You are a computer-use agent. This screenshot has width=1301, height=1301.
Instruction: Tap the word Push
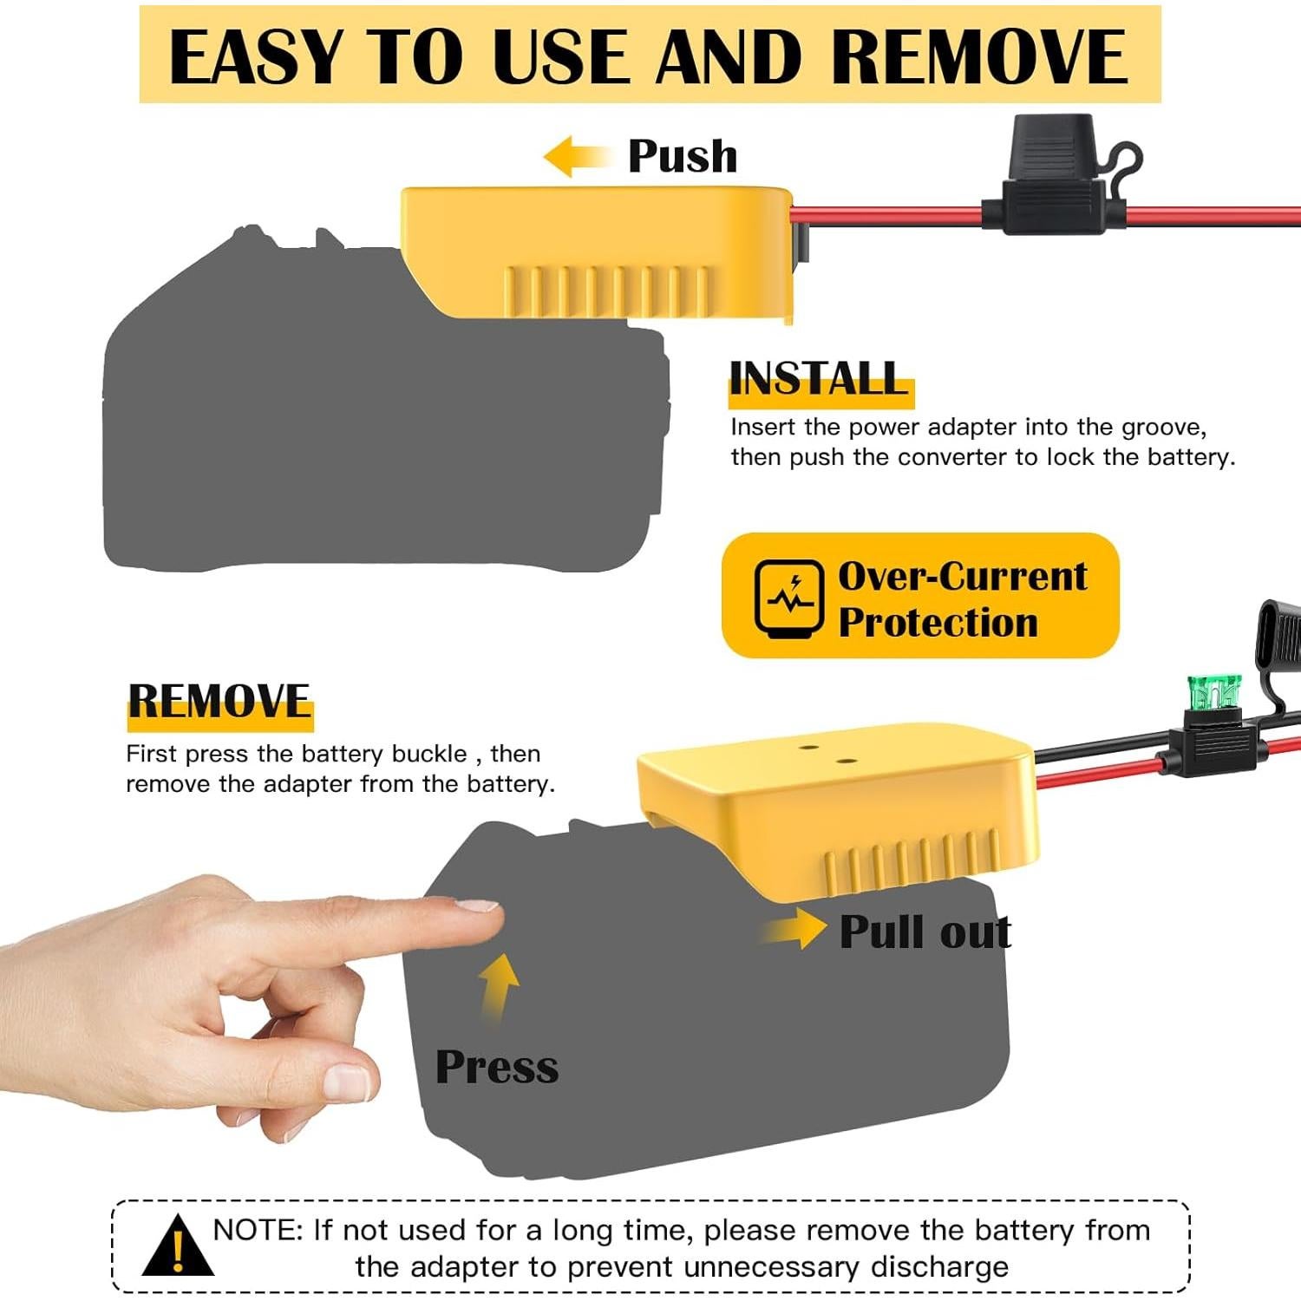682,157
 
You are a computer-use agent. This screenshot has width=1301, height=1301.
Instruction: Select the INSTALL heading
818,379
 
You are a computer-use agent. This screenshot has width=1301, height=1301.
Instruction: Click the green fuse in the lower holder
1213,692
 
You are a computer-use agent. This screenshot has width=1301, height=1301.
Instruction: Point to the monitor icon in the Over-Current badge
788,597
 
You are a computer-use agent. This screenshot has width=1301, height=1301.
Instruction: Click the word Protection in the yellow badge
937,623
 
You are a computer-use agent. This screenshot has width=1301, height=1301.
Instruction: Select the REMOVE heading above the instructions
219,702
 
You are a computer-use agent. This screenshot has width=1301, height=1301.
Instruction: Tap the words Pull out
925,932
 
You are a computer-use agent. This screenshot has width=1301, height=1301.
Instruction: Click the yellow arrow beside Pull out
796,930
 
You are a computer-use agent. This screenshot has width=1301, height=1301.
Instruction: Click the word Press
496,1067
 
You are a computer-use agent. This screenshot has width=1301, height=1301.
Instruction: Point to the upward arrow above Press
499,984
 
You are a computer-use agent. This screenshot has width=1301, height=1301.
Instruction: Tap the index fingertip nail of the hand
478,905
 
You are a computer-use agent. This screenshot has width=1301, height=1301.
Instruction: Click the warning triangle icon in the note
178,1247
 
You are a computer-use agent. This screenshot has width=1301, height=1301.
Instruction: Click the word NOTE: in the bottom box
258,1230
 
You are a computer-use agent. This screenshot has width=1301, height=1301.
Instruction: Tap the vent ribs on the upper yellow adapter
607,291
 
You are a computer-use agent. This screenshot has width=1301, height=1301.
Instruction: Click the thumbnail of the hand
346,1083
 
